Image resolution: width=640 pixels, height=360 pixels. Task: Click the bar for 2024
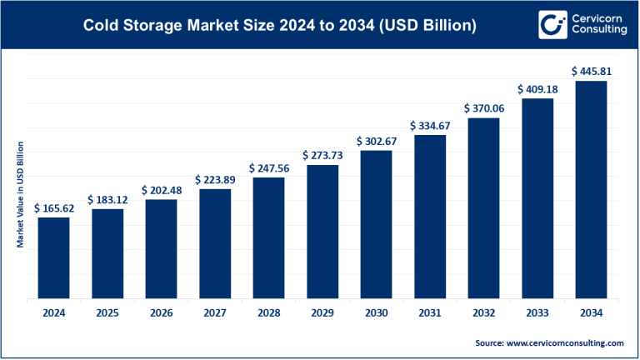(x=53, y=259)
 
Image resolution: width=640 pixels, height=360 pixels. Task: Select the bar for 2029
(x=322, y=233)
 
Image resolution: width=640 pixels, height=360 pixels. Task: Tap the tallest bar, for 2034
(x=592, y=192)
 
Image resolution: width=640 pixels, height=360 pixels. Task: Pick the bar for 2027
(x=215, y=245)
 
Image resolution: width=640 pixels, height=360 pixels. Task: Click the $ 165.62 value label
(x=53, y=208)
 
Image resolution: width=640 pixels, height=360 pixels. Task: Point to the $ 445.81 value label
(x=592, y=72)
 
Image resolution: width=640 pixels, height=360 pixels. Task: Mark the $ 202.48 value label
(x=161, y=190)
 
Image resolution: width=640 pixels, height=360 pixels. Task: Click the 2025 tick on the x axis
(x=107, y=312)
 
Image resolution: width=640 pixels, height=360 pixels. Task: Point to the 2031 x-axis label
(x=430, y=312)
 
